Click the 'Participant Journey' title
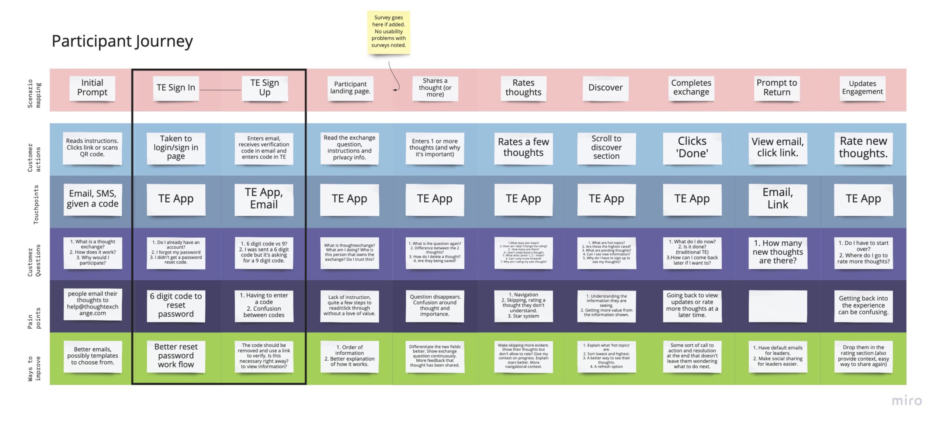pos(122,41)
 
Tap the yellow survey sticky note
pos(388,32)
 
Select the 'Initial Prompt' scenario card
pos(92,88)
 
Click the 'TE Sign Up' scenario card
pos(264,88)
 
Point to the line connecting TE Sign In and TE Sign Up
pos(220,90)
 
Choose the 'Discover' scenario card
pos(605,88)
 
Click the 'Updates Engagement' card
pos(862,88)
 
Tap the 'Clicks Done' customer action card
pos(692,148)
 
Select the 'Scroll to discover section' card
pos(606,148)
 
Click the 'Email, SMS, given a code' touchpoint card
pos(93,199)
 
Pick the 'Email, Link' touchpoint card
pos(777,199)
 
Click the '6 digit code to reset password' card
pos(176,305)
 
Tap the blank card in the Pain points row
pos(777,306)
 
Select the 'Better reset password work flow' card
pos(176,356)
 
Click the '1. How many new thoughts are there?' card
pos(777,252)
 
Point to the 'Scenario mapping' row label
pos(34,94)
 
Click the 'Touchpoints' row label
pos(36,204)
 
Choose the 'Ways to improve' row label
pos(34,368)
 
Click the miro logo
pos(907,401)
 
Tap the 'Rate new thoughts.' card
pos(863,148)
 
